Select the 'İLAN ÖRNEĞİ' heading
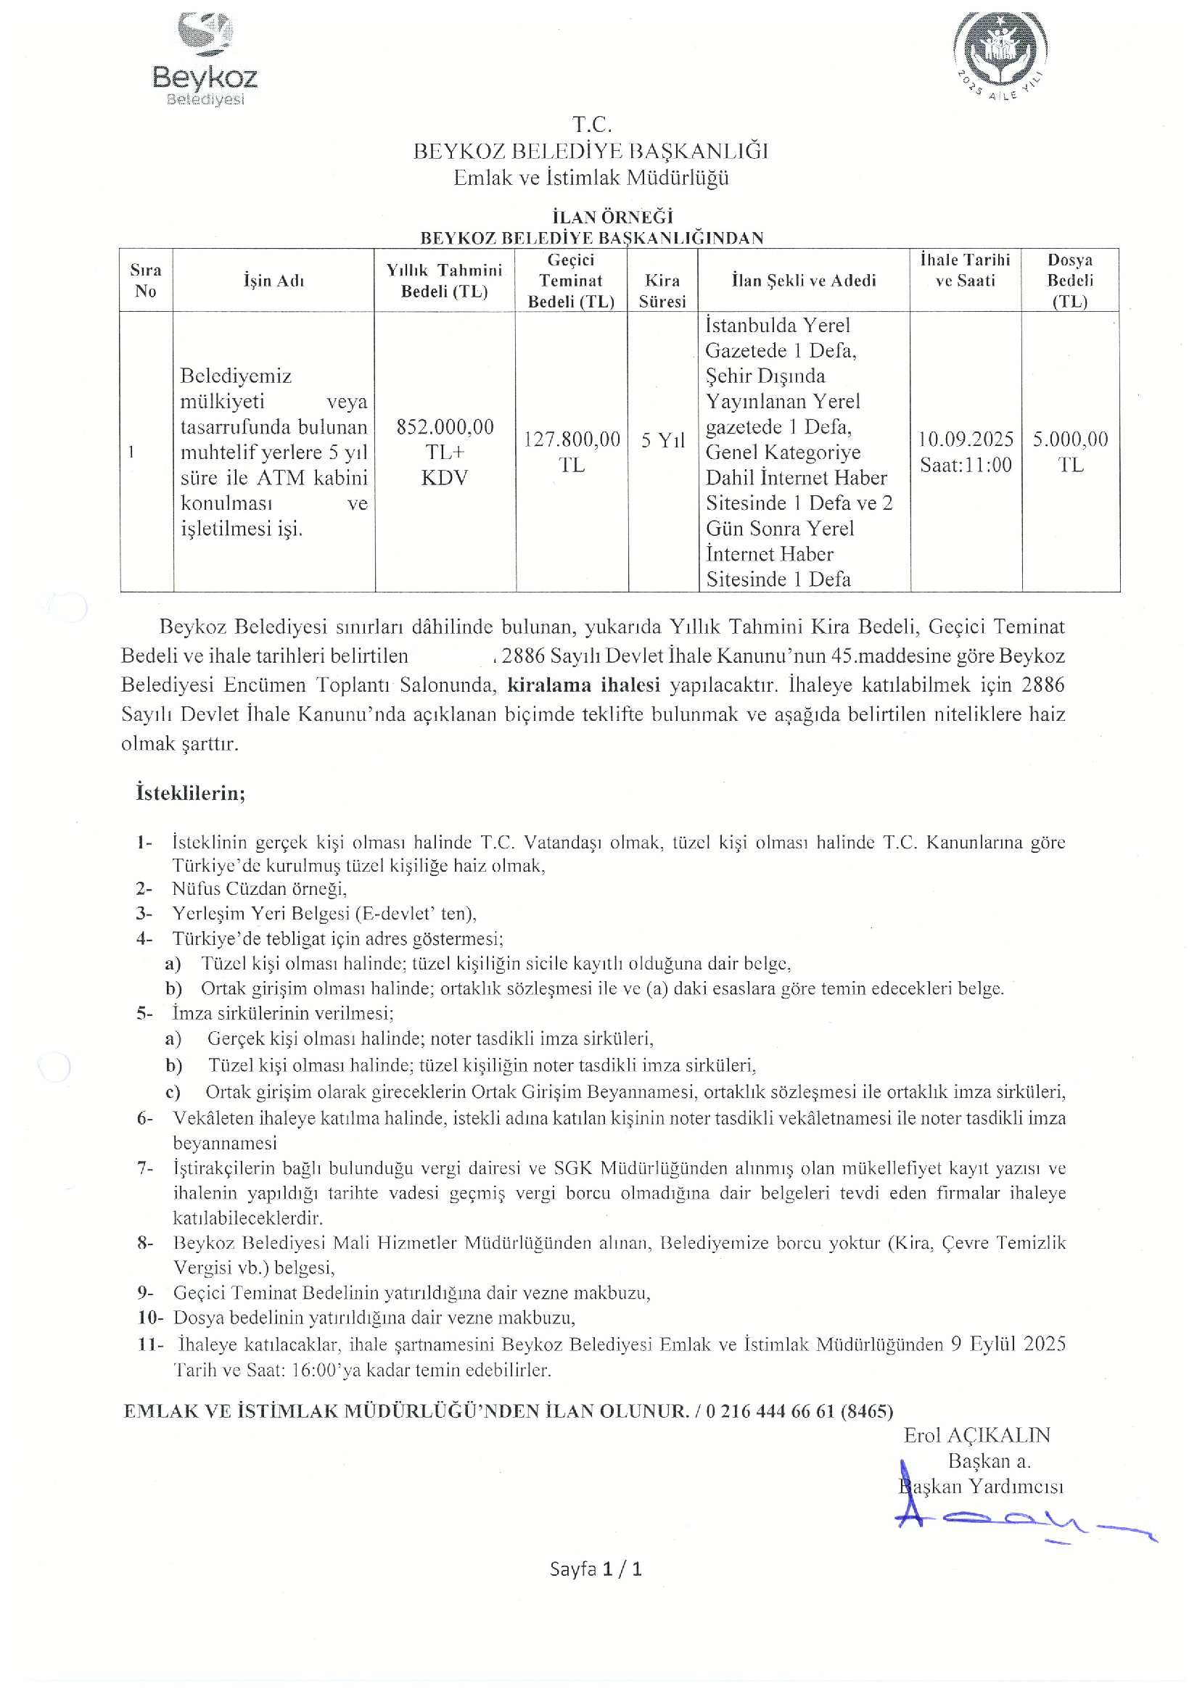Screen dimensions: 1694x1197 pyautogui.click(x=612, y=217)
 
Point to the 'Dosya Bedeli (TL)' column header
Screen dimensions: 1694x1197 pyautogui.click(x=1069, y=281)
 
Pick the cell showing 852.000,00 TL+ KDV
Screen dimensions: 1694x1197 pyautogui.click(x=444, y=452)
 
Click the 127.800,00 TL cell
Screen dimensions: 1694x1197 pyautogui.click(x=572, y=452)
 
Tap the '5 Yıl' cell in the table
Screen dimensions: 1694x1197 pyautogui.click(x=663, y=440)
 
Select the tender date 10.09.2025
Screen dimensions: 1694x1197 pyautogui.click(x=966, y=439)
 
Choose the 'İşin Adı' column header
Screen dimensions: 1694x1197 pyautogui.click(x=273, y=281)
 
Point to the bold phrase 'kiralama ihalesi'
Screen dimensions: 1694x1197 pyautogui.click(x=583, y=685)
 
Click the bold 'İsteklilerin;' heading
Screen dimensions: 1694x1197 pyautogui.click(x=190, y=793)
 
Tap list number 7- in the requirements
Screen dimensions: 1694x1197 pyautogui.click(x=144, y=1168)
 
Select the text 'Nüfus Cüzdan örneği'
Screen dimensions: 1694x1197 pyautogui.click(x=259, y=889)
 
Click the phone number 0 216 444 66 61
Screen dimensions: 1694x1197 pyautogui.click(x=770, y=1411)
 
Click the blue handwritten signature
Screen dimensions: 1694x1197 pyautogui.click(x=1019, y=1521)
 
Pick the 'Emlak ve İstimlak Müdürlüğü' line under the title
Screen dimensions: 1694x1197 pyautogui.click(x=591, y=178)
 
